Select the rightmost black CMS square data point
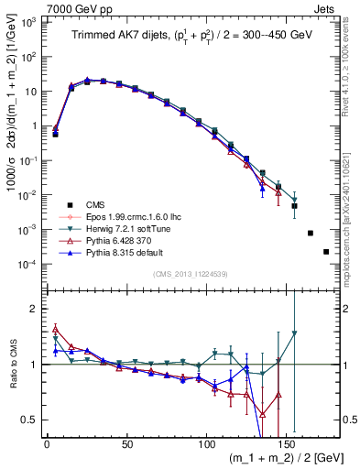[326, 251]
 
